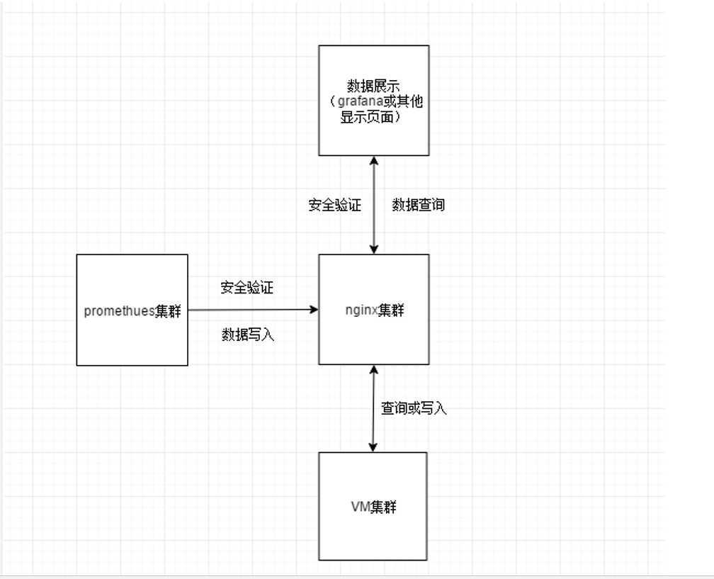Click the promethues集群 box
tap(132, 310)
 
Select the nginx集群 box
tap(374, 310)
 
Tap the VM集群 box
tap(373, 506)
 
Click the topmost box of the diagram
tap(374, 100)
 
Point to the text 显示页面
tap(371, 117)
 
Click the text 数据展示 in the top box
tap(373, 86)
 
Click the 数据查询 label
tap(419, 205)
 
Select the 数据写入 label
tap(248, 335)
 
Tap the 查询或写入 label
tap(414, 408)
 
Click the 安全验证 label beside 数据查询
tap(334, 205)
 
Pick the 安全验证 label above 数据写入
tap(247, 288)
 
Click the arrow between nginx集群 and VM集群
tap(373, 408)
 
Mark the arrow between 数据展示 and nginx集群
tap(374, 205)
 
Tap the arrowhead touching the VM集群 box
tap(373, 447)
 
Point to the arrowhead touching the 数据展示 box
tap(374, 161)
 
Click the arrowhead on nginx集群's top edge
tap(374, 249)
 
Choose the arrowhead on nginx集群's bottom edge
tap(373, 370)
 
